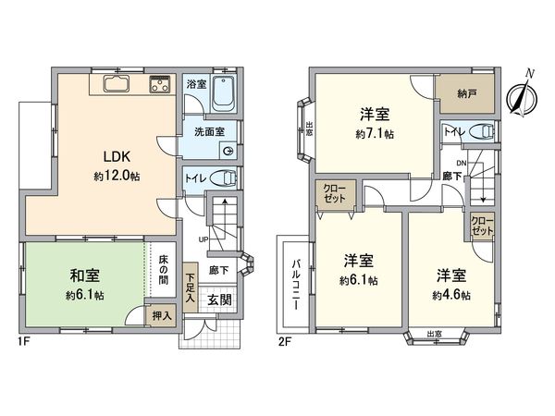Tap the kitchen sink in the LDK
tap(117, 86)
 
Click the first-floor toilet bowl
tap(224, 178)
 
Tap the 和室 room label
tap(84, 275)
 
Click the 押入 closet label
tap(161, 316)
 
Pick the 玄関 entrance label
tap(219, 300)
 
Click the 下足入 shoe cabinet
tap(190, 287)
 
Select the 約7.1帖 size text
tap(374, 133)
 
